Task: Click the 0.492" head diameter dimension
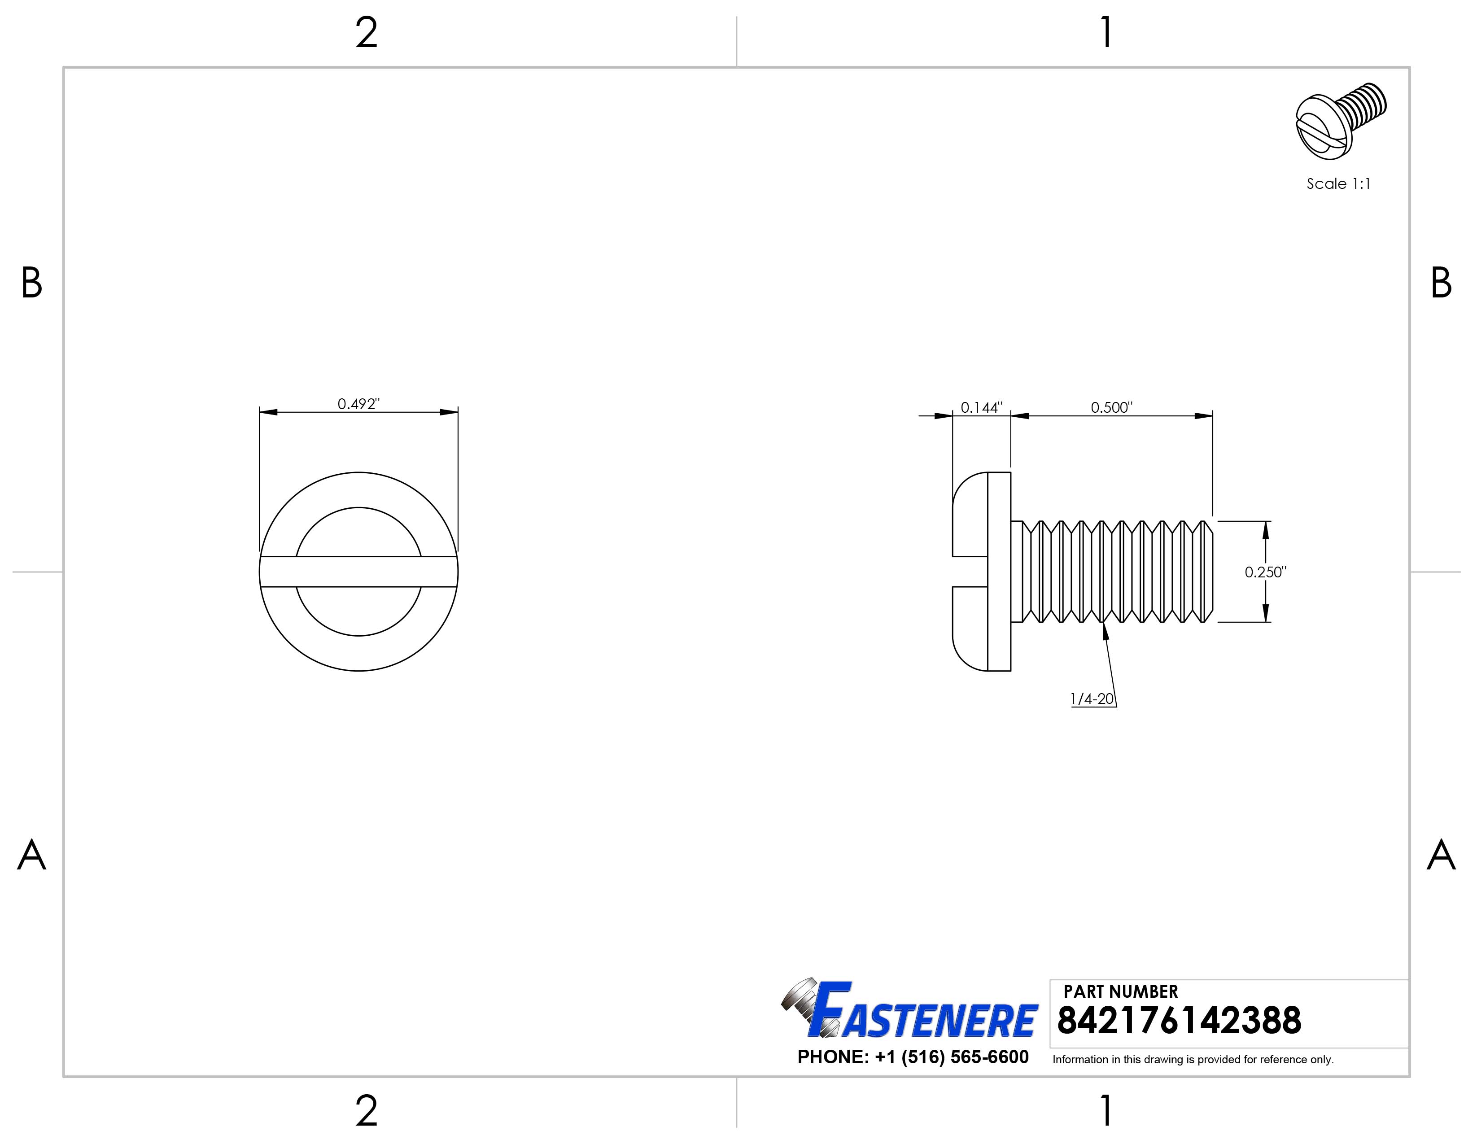tap(358, 404)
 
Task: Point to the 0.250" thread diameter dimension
tap(1265, 572)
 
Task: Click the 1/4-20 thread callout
tap(1092, 699)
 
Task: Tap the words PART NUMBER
tap(1121, 992)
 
